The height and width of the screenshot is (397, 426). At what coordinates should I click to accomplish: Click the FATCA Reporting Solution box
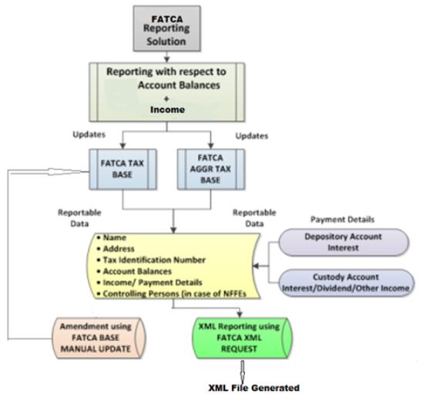pos(167,28)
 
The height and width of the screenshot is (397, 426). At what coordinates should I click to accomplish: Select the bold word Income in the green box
pos(167,109)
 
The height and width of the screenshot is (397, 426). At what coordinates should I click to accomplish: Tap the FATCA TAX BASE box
pos(122,168)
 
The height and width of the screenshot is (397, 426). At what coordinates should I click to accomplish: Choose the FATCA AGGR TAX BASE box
pos(211,168)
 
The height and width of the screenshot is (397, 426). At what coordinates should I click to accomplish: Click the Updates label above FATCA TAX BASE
pos(89,135)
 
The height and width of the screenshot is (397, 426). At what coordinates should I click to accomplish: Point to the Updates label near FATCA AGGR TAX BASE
pos(252,135)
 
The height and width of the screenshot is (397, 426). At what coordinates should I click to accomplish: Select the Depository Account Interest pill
pos(344,242)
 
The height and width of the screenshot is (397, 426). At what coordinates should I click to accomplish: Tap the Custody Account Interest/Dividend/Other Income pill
pos(346,282)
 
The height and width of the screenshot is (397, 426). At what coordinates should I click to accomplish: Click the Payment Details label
pos(342,219)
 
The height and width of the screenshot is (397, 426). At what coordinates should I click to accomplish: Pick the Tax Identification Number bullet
pos(151,260)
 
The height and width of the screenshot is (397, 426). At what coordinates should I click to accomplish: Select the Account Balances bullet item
pos(135,271)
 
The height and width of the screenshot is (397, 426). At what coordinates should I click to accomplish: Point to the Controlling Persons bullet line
pos(172,294)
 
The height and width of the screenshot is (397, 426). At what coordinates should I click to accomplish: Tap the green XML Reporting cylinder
pos(242,338)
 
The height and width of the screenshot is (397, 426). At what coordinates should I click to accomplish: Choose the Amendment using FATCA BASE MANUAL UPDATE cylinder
pos(99,338)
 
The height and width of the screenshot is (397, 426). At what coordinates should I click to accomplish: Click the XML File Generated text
pos(254,388)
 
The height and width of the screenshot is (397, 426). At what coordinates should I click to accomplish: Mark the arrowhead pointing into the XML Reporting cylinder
pos(240,315)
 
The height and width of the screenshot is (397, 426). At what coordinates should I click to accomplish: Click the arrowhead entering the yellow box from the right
pos(256,265)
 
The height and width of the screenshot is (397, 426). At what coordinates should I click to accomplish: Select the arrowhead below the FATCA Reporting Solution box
pos(167,59)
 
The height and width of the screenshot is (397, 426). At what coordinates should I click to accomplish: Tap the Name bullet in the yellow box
pos(112,238)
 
